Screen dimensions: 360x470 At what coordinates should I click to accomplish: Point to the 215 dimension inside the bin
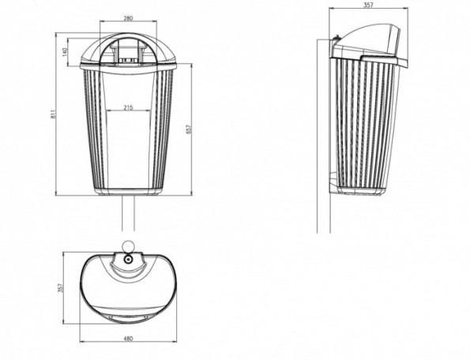coord(128,106)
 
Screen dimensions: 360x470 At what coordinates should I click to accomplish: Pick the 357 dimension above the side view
coord(369,5)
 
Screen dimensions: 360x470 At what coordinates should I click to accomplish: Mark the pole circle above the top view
coord(127,244)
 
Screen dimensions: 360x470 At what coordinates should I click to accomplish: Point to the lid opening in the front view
coord(127,49)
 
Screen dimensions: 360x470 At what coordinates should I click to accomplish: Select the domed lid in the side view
coord(371,43)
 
